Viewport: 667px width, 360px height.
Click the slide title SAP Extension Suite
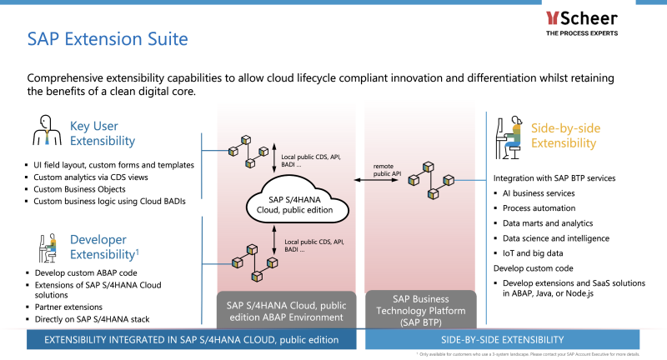point(108,39)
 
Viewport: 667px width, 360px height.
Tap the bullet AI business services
point(539,193)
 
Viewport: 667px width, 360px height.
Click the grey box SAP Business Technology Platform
point(420,309)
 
